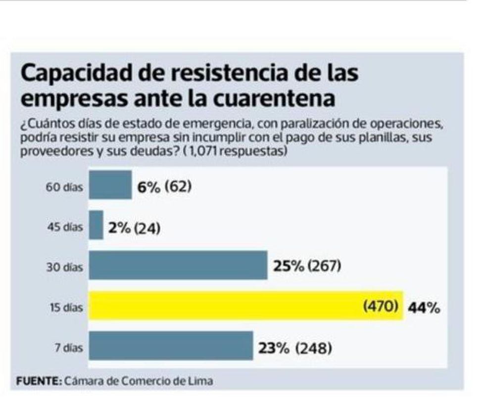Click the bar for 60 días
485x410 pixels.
pos(110,185)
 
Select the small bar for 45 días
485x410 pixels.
pos(96,226)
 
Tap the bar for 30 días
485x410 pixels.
pos(178,266)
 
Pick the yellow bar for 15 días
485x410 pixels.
pos(245,306)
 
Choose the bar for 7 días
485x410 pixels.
pos(171,346)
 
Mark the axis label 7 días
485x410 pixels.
pos(69,348)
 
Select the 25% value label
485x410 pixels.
pos(288,267)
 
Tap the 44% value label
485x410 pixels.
pos(424,308)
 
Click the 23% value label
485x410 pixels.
pos(274,348)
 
